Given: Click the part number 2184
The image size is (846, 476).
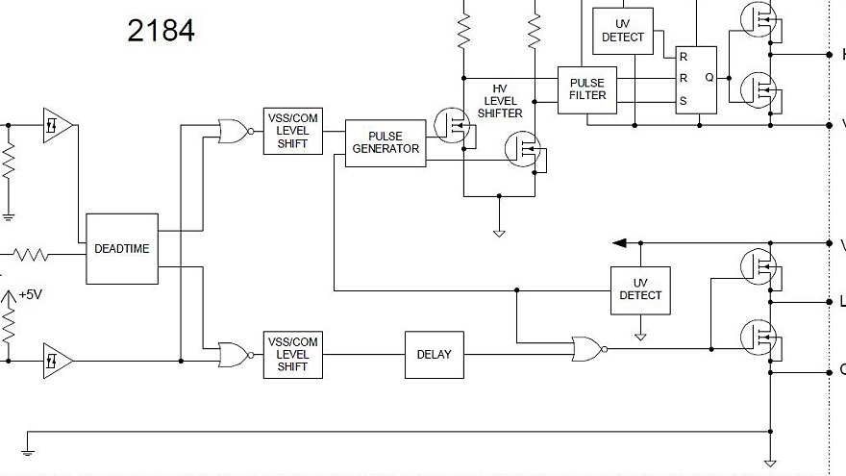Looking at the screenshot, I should (161, 31).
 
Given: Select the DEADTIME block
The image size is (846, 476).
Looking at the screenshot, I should (122, 248).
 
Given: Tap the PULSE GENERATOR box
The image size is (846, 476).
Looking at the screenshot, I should (385, 143).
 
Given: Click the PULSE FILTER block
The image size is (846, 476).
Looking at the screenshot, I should (587, 89).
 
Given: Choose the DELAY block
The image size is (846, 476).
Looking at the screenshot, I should (434, 354).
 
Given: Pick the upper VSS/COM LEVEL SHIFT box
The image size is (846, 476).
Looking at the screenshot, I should (292, 131).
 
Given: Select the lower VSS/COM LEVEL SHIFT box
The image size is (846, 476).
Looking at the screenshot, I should (292, 355).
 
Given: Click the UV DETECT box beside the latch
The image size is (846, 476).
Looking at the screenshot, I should (622, 31).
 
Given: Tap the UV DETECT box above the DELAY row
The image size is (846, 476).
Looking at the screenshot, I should (640, 289).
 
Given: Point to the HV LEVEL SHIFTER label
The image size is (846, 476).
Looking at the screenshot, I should (499, 100).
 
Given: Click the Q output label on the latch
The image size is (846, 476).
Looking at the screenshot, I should (709, 78).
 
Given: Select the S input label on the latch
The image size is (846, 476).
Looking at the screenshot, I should (684, 101).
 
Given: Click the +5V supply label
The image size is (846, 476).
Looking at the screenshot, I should (31, 295).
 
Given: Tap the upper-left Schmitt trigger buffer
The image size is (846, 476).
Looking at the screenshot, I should (57, 126).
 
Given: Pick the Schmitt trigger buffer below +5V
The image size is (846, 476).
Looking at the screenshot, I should (57, 361).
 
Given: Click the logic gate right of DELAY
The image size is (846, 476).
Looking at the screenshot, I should (587, 349).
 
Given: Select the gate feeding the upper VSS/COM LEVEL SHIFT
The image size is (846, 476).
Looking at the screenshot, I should (234, 132).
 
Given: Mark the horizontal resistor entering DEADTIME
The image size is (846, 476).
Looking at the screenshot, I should (30, 255).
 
